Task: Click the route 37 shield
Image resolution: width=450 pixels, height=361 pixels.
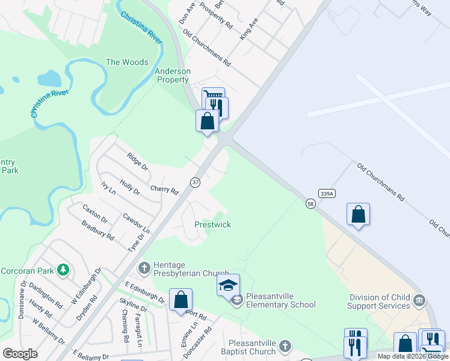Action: [x=195, y=182]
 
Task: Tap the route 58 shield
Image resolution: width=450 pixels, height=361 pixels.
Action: [x=310, y=205]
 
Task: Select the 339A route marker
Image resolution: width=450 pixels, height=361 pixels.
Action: [x=327, y=193]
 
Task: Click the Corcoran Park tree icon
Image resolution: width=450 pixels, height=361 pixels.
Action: [x=63, y=270]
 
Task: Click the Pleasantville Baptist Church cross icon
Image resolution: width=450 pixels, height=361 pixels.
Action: [x=285, y=346]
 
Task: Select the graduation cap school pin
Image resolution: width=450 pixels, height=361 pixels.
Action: [x=228, y=285]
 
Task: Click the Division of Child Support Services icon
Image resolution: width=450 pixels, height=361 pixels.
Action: [x=420, y=300]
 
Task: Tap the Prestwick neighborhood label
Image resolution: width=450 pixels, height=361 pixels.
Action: [x=212, y=224]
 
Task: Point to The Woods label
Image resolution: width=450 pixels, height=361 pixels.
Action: [x=127, y=62]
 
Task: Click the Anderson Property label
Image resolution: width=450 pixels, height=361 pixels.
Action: [x=173, y=75]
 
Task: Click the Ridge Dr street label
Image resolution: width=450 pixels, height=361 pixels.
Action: [x=137, y=161]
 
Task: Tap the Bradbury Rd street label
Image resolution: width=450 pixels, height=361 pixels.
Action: [x=98, y=229]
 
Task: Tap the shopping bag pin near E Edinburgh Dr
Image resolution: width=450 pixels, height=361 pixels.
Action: [x=180, y=300]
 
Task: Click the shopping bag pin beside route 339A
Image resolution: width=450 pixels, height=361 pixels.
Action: [x=358, y=215]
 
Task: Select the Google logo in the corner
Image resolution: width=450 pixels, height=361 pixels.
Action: [x=20, y=354]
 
